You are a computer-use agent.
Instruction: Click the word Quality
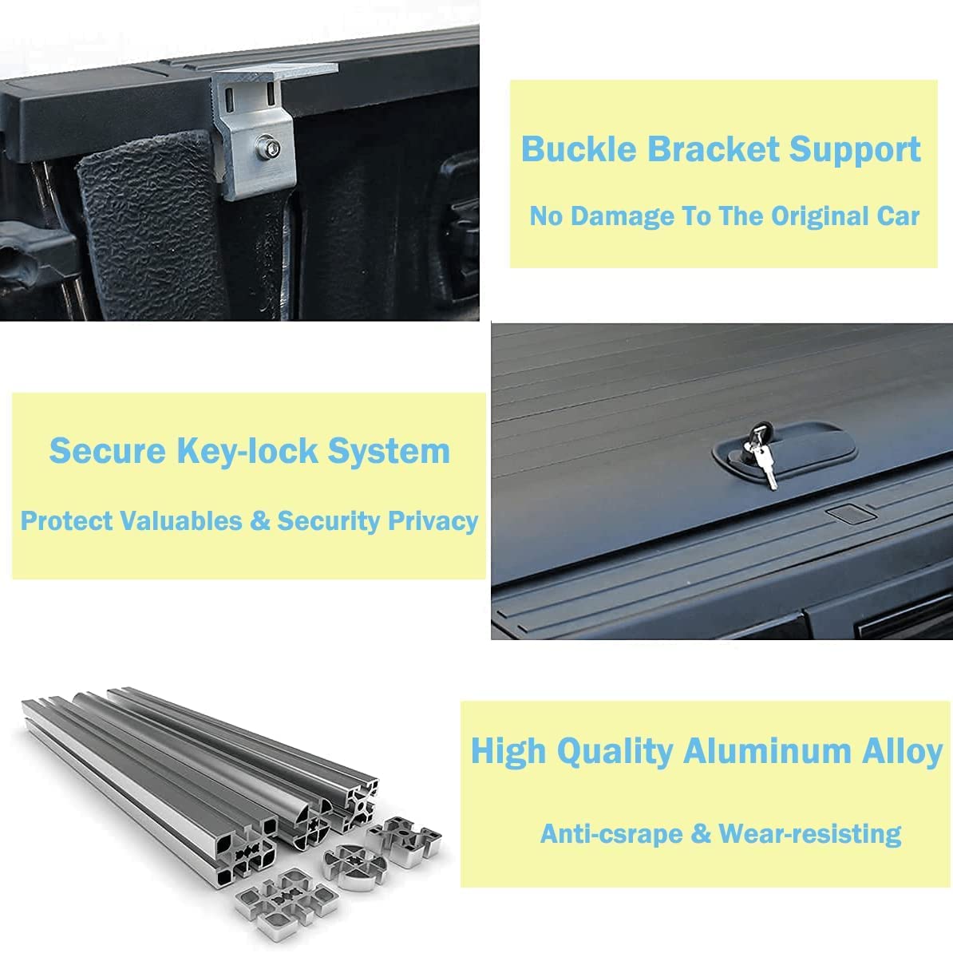(615, 752)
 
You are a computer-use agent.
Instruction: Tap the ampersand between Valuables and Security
(260, 521)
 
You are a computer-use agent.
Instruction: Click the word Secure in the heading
(106, 451)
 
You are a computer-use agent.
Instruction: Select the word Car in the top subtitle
(898, 216)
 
